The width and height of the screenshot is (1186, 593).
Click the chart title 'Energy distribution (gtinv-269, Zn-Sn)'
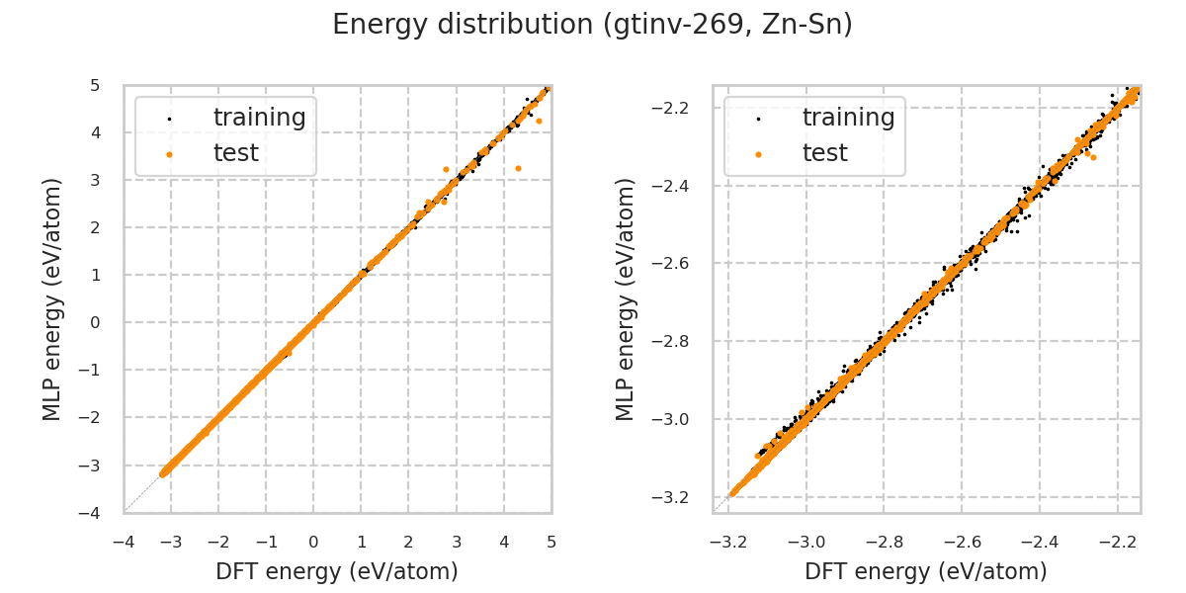592,25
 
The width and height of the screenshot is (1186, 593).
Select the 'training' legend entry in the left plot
259,118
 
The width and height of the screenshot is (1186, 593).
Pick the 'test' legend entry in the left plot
235,153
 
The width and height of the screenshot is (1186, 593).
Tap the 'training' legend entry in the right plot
848,118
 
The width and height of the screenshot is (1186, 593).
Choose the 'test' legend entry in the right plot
824,153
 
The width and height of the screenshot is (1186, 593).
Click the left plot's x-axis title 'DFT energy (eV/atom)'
337,571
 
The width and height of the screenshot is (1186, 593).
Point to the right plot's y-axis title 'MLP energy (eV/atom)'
626,298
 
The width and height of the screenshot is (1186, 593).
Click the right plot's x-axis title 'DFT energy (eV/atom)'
926,571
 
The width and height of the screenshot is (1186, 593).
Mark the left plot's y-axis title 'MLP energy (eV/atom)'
52,298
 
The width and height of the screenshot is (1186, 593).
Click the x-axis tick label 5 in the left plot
551,542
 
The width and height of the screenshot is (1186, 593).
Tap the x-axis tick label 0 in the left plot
313,542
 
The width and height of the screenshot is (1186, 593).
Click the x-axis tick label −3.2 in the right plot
728,542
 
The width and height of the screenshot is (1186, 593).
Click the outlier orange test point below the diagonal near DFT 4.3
518,169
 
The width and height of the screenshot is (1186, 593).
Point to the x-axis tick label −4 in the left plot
123,542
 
